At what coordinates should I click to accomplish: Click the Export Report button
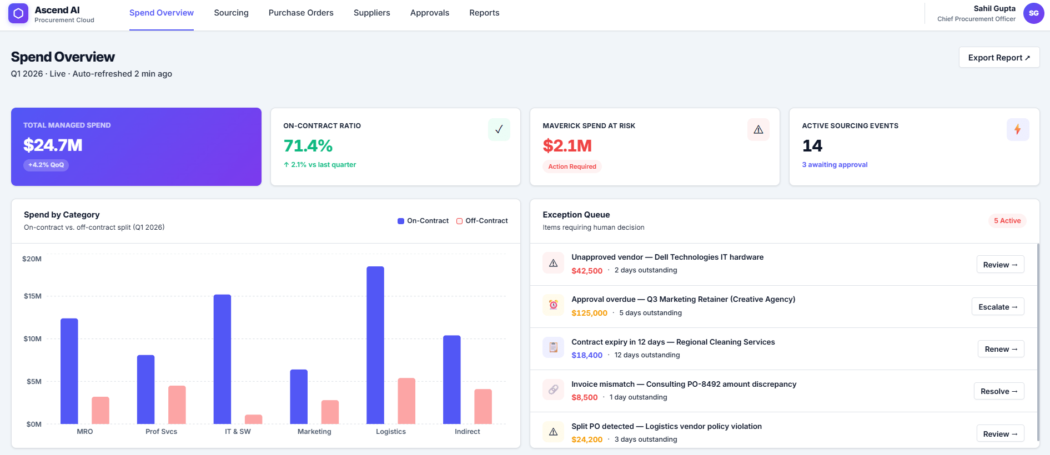998,58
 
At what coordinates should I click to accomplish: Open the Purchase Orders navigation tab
301,13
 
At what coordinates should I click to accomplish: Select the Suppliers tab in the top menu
371,13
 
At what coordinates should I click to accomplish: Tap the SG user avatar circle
1033,13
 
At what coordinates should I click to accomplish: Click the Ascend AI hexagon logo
18,13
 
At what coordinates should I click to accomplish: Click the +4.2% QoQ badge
46,165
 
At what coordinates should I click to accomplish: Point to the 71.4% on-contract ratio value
308,146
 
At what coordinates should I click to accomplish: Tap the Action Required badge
572,166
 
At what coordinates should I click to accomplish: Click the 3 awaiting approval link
834,165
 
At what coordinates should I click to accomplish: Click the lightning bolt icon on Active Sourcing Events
1017,129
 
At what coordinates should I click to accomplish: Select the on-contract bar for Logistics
375,345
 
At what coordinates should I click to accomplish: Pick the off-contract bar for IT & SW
253,419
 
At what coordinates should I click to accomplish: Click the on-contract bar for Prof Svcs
146,390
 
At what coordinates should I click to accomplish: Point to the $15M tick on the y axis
32,296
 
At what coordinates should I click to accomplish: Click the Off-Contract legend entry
482,221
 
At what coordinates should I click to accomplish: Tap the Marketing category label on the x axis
314,432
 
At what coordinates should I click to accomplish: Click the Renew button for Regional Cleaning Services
1001,349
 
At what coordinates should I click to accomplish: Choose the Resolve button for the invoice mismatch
998,391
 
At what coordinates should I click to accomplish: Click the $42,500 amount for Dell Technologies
587,271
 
